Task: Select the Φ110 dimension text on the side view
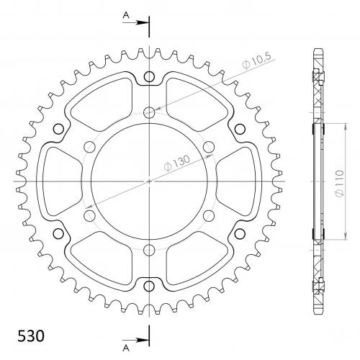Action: (340, 184)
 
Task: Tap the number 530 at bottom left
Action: (31, 336)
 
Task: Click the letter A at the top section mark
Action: (126, 15)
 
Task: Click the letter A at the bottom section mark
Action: (126, 348)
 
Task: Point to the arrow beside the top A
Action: (135, 23)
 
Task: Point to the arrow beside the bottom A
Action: (135, 340)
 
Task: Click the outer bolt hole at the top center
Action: (149, 77)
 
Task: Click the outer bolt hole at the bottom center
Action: (149, 286)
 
